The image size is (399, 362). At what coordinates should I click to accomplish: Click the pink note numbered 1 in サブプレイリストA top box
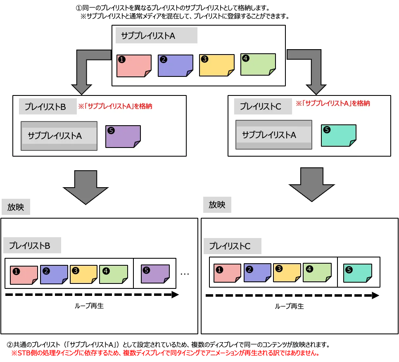pos(134,66)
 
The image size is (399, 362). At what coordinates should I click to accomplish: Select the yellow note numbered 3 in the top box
pos(216,65)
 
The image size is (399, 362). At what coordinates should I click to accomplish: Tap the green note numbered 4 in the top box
pos(258,64)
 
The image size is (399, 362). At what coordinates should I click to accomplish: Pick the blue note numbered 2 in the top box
pos(175,66)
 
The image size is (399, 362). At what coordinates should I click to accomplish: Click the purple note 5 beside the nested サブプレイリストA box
pos(123,136)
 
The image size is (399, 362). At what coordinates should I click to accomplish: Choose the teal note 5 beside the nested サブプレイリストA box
pos(338,136)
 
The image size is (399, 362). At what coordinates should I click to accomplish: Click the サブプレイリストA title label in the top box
pos(156,36)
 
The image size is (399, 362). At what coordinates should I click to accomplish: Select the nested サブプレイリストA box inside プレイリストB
pos(59,136)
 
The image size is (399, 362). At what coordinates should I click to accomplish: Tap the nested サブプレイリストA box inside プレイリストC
pos(274,135)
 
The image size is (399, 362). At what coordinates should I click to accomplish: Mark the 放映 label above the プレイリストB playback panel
pos(16,207)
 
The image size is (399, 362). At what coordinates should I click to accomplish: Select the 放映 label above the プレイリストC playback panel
pos(217,205)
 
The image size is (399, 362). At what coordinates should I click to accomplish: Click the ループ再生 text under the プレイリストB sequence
pos(89,306)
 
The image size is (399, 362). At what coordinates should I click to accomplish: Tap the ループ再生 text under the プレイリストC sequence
pos(289,306)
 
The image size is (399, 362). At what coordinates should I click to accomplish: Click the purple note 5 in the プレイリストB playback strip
pos(155,274)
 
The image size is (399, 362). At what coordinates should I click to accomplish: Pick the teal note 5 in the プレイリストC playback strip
pos(358,273)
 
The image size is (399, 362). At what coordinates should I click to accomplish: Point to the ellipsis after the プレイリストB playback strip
pos(185,274)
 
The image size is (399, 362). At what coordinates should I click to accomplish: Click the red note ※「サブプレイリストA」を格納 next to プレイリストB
pos(115,106)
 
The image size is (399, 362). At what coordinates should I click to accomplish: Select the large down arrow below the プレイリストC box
pos(312,184)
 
